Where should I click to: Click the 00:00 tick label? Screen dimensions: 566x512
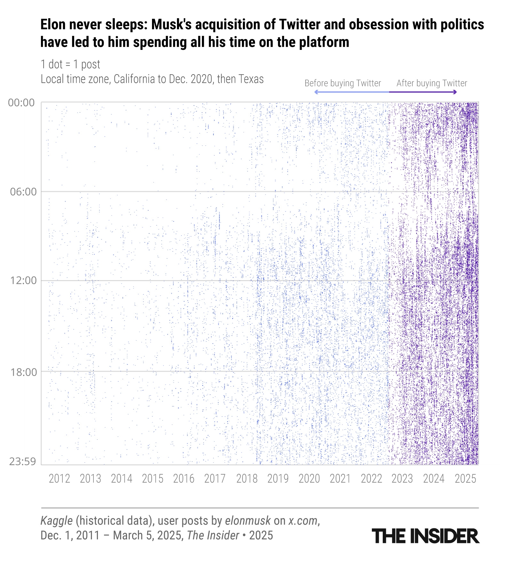21,103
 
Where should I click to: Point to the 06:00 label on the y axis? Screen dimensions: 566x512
23,192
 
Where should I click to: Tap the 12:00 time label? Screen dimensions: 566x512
23,280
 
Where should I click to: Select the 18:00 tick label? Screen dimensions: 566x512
23,372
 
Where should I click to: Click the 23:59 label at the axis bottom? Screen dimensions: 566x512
22,461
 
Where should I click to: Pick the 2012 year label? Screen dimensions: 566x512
59,479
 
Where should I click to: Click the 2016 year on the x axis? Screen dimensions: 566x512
184,479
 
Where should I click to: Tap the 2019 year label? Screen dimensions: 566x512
278,479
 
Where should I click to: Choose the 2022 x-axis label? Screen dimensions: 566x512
372,479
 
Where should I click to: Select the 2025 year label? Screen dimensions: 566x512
466,479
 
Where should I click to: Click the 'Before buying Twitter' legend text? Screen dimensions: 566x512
343,83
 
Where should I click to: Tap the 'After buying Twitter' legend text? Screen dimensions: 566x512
432,83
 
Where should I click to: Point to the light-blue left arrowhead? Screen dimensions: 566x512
316,92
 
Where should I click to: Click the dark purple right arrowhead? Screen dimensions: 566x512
455,92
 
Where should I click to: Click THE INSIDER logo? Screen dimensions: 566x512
426,536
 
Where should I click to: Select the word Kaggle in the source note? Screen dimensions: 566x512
56,521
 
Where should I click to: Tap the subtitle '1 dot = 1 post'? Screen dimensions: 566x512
70,64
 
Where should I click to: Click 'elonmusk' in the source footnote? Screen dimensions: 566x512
248,521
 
